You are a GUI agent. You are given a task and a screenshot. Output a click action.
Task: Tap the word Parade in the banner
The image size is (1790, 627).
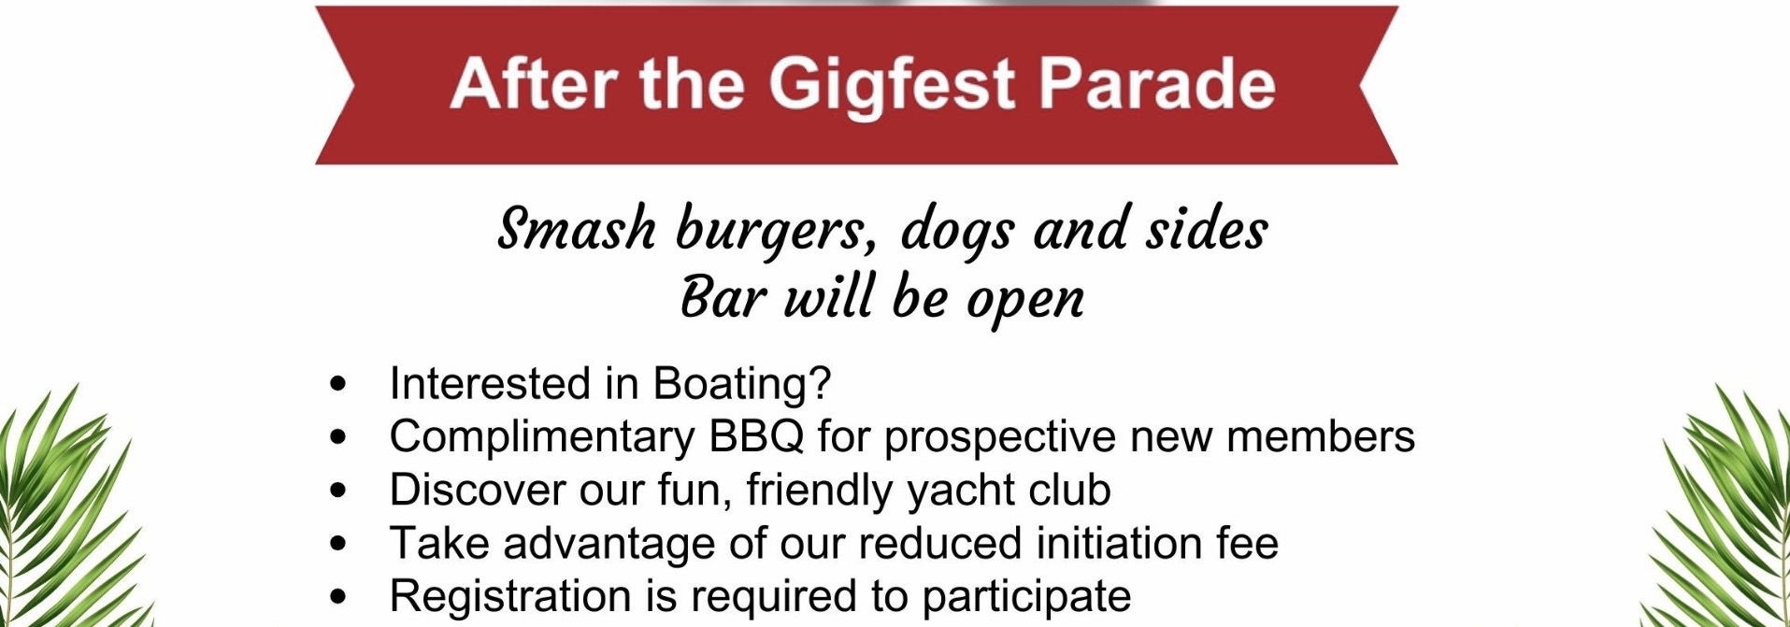pos(1156,84)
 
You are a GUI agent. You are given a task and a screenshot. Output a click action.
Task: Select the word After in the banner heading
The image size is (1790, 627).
pos(532,84)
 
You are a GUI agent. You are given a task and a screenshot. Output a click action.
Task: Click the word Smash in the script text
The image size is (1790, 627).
pos(577,229)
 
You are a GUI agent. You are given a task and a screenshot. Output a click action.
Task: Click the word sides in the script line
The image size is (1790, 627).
pos(1207,229)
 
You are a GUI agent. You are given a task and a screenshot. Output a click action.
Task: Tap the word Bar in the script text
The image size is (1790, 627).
pos(723,298)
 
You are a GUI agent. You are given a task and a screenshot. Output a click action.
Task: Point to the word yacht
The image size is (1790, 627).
pos(961,491)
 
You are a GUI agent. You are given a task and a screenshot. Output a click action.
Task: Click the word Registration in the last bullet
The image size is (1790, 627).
pos(509,596)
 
